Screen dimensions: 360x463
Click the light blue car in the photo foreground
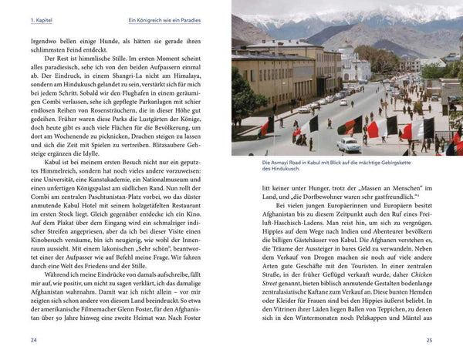pos(348,145)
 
